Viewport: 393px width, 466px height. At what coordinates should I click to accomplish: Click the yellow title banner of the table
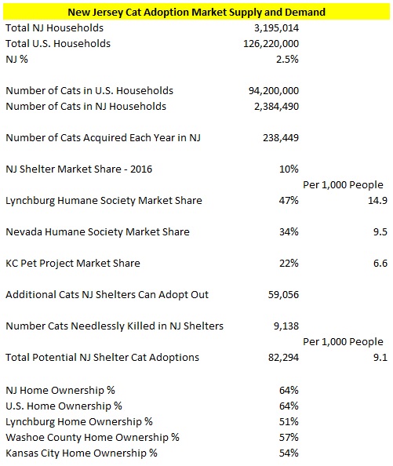coord(196,12)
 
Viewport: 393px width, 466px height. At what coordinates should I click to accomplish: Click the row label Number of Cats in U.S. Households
coord(89,90)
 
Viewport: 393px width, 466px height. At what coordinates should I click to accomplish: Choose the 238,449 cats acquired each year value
coord(278,137)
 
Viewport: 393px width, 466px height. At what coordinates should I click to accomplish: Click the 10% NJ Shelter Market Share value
coord(289,169)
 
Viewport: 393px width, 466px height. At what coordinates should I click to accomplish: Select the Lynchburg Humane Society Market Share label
coord(104,200)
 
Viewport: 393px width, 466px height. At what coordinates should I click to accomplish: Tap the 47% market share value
coord(289,200)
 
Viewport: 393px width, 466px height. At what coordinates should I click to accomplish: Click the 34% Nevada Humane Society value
coord(289,231)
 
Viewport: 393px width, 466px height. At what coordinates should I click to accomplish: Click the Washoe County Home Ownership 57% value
coord(289,437)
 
